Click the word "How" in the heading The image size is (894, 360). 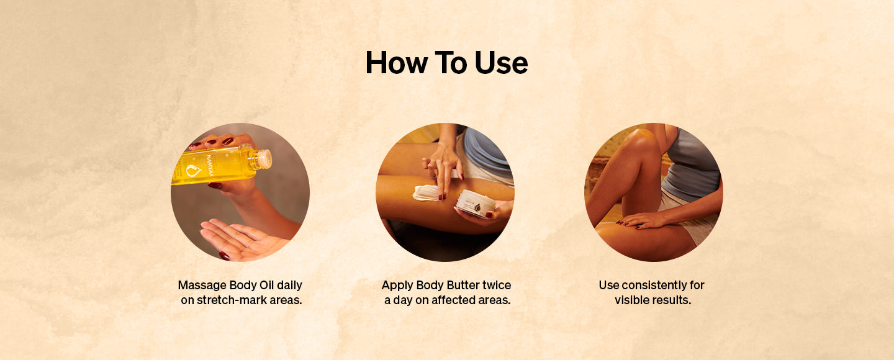click(396, 63)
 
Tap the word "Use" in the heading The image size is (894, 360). click(501, 63)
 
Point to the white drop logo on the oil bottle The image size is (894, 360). click(194, 171)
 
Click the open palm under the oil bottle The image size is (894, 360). click(242, 240)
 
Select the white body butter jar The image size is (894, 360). click(476, 204)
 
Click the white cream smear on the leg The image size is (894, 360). click(427, 193)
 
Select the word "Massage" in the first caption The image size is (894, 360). click(202, 286)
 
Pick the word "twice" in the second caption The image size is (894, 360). click(497, 286)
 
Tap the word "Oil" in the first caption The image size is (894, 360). click(266, 286)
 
